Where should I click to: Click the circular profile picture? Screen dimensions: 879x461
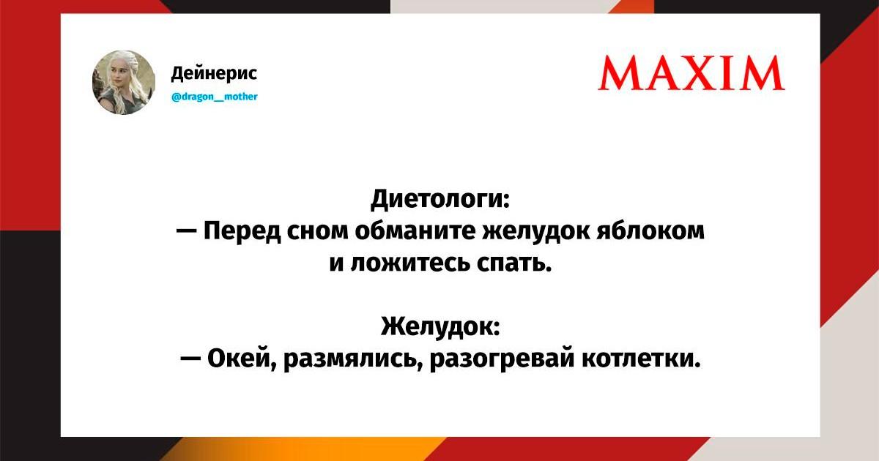124,82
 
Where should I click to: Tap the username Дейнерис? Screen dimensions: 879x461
214,73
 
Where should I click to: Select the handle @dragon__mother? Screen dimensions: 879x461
215,97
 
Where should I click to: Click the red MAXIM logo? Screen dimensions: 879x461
691,73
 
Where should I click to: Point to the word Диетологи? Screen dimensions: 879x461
440,199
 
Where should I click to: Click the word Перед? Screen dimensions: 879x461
242,231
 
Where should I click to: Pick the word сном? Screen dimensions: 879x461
318,231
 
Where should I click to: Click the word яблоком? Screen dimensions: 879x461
650,230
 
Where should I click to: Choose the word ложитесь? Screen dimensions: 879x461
410,263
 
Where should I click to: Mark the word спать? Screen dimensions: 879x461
514,263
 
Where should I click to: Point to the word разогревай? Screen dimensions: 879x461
502,359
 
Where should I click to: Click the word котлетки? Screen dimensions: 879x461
641,359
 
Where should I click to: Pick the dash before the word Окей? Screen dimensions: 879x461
190,359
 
